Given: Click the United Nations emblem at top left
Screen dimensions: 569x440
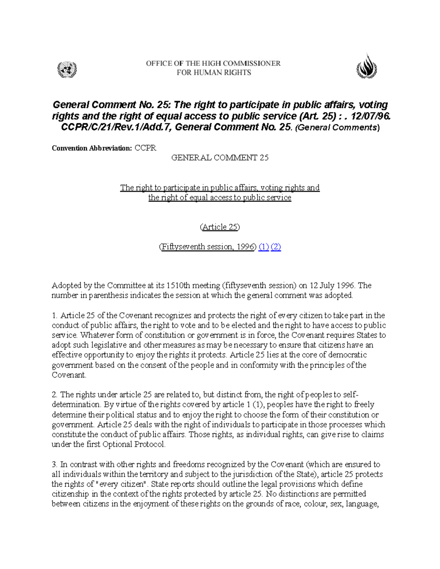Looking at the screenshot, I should [x=67, y=69].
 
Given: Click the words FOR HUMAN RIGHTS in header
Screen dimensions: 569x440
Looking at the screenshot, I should [x=214, y=73].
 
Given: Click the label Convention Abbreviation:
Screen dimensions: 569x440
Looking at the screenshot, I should [x=92, y=148].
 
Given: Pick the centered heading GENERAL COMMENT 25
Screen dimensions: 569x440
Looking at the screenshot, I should [x=220, y=158].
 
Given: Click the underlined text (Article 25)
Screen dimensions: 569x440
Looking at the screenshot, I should [x=220, y=227].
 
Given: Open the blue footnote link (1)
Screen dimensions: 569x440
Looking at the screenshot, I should [x=264, y=247].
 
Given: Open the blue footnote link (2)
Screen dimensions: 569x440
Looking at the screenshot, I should [x=276, y=247].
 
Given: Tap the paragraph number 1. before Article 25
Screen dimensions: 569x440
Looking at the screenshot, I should [x=55, y=315].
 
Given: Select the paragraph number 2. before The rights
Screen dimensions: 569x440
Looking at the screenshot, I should [x=55, y=395].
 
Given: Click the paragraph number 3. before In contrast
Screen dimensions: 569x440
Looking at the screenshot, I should [x=55, y=465].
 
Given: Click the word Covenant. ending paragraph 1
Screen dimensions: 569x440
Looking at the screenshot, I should [x=69, y=375].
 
